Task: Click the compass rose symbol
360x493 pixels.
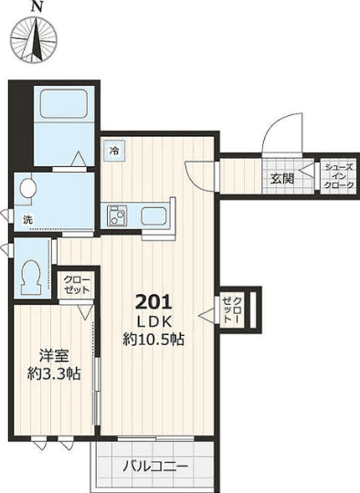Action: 36,42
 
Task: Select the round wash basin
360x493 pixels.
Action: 26,190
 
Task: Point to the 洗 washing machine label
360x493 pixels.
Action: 27,220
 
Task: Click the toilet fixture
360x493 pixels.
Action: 30,272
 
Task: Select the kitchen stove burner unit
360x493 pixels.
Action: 117,217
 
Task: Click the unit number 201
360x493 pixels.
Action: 154,302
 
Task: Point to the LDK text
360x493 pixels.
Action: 154,321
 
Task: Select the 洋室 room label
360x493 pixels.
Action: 54,355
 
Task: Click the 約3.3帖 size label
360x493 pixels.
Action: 54,373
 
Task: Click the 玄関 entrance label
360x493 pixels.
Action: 281,179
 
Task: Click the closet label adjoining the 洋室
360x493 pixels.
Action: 76,284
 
